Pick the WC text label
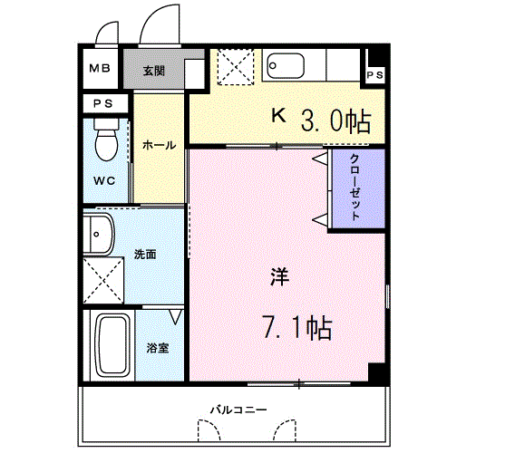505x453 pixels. click(104, 179)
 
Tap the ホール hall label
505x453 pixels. click(159, 144)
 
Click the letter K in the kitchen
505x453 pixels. click(280, 115)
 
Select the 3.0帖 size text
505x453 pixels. click(336, 119)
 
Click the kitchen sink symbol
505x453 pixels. click(289, 67)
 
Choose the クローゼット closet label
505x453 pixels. click(356, 188)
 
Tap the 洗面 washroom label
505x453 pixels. click(145, 254)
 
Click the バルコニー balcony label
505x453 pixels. click(238, 410)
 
